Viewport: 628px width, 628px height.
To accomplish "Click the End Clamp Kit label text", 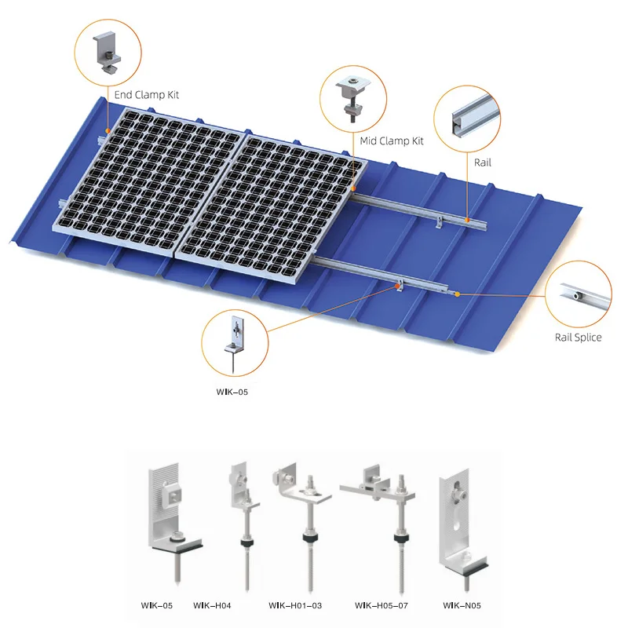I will click(147, 95).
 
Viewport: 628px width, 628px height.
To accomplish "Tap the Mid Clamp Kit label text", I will click(392, 141).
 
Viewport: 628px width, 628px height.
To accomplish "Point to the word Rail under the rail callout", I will click(483, 162).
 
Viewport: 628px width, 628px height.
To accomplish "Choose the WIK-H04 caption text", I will click(212, 605).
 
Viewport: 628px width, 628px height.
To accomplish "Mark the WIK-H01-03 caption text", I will click(295, 605).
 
